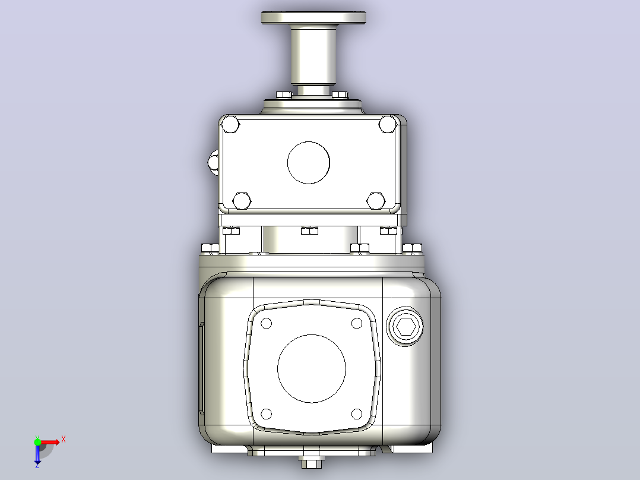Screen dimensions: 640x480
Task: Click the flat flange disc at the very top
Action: tap(313, 18)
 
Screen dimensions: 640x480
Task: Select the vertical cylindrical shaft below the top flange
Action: tap(313, 55)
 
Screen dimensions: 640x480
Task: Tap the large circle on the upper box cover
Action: tap(309, 163)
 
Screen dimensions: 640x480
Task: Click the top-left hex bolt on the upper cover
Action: tap(230, 125)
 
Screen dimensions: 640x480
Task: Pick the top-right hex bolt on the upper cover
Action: tap(387, 124)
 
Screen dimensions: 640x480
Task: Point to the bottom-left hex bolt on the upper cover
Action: tap(242, 201)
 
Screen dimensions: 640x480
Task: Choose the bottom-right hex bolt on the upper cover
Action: tap(375, 201)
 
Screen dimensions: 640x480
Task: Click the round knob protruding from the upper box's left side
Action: tap(213, 163)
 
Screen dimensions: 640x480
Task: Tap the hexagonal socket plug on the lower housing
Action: tap(405, 327)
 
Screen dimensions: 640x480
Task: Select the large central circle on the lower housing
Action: tap(312, 368)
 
